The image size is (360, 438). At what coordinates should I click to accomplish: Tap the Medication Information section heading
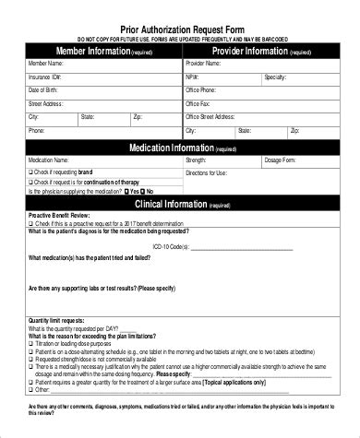(x=171, y=148)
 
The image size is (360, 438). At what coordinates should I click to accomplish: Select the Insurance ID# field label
(x=45, y=78)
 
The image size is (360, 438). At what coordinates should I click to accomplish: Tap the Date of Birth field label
(x=43, y=91)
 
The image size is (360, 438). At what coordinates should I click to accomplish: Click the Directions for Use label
(x=207, y=173)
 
